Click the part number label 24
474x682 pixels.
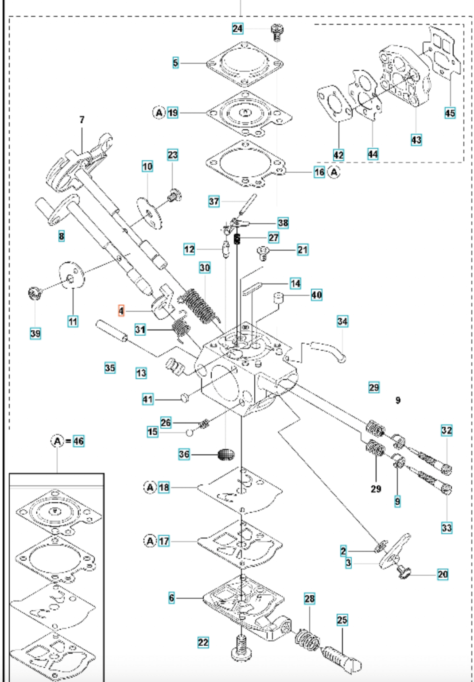[237, 29]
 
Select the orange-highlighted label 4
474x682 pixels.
[121, 311]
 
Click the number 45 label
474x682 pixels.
[450, 113]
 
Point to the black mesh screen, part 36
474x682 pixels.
[226, 454]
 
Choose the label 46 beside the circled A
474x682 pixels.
[78, 441]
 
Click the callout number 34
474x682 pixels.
[342, 321]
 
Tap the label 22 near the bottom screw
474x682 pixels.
[203, 642]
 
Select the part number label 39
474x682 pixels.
[35, 333]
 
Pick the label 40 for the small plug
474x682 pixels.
[316, 295]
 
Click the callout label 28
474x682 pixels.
[309, 599]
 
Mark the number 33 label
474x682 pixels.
[447, 527]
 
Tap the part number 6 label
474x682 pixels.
[171, 598]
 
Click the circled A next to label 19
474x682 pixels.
[159, 112]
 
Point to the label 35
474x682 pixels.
[110, 367]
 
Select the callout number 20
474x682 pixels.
[443, 574]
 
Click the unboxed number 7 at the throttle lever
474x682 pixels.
[82, 120]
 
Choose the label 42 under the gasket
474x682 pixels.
[338, 155]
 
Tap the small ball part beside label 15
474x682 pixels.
[190, 432]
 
